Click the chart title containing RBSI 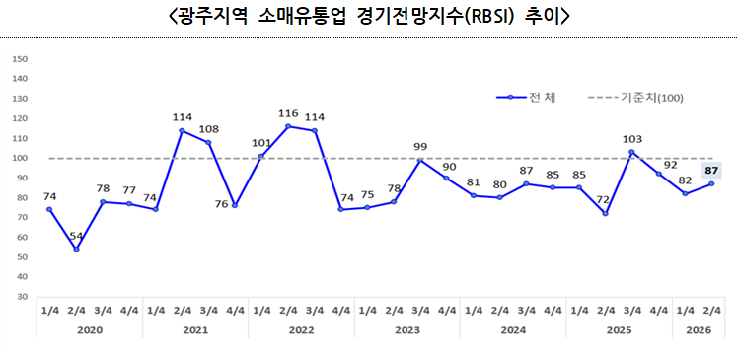369,17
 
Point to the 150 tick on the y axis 20,59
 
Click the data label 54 76,237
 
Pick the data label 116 288,114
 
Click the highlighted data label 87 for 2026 711,171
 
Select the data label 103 632,139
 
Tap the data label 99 420,147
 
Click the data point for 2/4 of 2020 76,249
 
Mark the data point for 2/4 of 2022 288,126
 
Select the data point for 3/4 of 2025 632,152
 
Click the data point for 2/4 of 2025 606,213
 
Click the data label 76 222,205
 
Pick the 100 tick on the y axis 20,158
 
